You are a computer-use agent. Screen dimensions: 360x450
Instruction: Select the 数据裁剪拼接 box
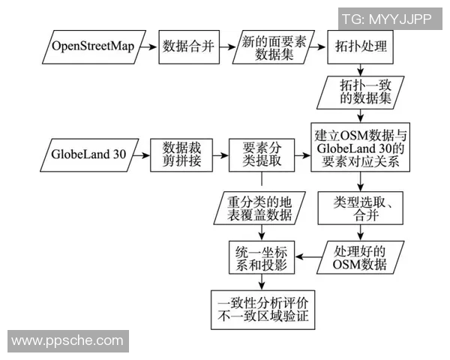(181, 155)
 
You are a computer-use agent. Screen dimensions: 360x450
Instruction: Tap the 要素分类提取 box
(261, 155)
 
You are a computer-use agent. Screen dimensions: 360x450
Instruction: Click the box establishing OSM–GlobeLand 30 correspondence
(361, 147)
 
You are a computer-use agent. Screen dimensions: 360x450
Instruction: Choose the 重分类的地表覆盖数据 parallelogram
(260, 208)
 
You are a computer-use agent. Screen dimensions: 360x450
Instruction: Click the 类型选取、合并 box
(361, 208)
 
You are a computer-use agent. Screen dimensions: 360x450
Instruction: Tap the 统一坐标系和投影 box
(261, 257)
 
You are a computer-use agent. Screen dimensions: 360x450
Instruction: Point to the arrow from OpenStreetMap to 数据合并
(148, 47)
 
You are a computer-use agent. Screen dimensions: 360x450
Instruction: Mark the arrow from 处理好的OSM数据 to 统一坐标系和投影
(310, 257)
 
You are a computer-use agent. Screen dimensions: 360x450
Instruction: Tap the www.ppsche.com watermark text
(67, 341)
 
